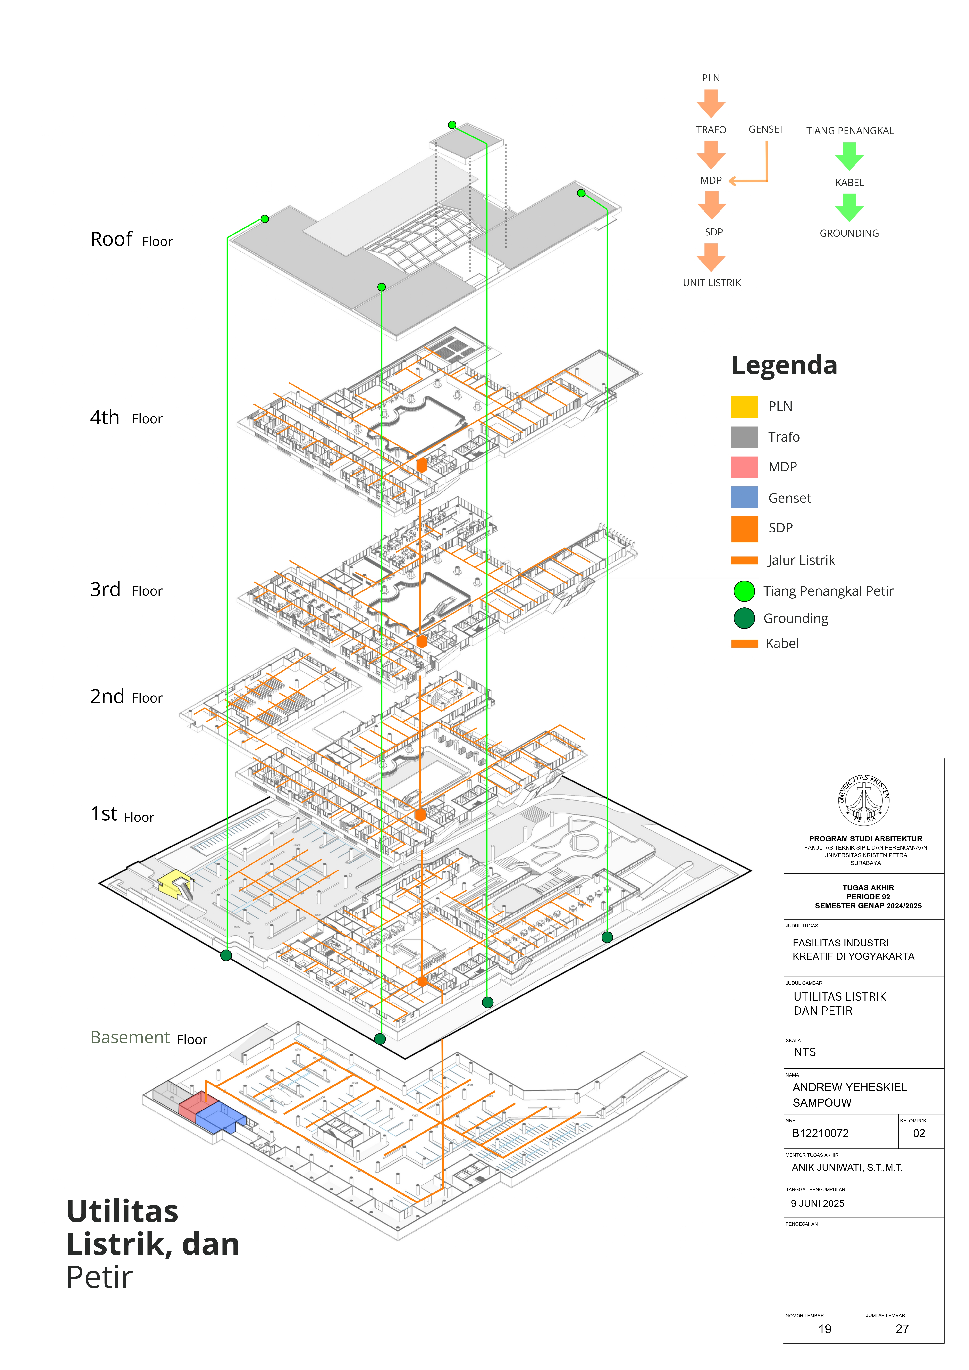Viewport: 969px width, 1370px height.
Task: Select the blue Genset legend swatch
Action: (x=744, y=497)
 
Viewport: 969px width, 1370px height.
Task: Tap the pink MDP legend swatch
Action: (x=744, y=467)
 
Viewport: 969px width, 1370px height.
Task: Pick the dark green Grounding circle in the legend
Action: (x=744, y=618)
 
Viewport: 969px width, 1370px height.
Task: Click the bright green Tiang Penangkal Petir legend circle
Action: (x=744, y=591)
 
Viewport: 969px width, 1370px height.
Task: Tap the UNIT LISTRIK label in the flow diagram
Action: (x=712, y=283)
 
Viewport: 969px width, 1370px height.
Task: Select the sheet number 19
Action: (x=824, y=1329)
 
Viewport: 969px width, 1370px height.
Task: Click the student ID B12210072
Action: (x=820, y=1133)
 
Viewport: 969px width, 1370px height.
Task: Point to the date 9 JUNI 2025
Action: (x=817, y=1203)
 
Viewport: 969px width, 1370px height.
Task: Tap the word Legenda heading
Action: (x=784, y=365)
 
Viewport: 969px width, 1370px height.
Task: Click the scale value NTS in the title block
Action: (x=804, y=1052)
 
